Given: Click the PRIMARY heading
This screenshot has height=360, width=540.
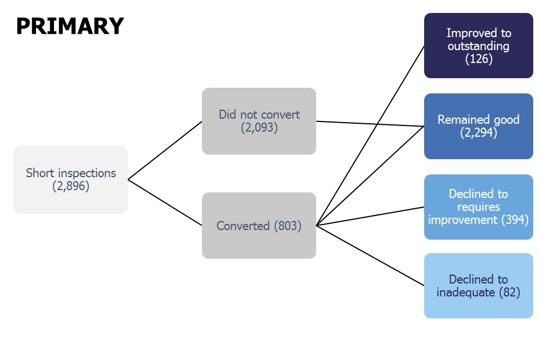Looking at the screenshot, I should (x=70, y=26).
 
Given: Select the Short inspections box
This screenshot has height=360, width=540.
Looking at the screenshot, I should (x=71, y=179).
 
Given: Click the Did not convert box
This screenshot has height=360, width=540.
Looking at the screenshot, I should (x=259, y=121).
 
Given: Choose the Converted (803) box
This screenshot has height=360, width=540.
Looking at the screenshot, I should (x=259, y=226).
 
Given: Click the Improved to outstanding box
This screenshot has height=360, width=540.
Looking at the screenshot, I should (x=478, y=46).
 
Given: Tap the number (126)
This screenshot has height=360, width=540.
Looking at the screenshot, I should (x=479, y=58).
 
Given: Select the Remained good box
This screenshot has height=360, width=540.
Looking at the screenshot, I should (x=478, y=126).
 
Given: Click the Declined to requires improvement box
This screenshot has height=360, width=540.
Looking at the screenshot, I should (x=478, y=206).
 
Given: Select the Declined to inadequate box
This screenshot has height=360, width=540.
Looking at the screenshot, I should (x=478, y=286).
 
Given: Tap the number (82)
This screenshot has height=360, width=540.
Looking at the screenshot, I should (x=508, y=292).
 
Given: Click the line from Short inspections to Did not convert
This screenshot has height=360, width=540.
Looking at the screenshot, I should (x=165, y=150).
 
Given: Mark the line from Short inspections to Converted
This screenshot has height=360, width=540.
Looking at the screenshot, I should (x=165, y=202).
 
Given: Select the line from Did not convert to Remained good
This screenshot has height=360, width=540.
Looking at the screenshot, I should (x=370, y=124).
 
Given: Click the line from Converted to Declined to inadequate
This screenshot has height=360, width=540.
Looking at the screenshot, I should (x=370, y=255).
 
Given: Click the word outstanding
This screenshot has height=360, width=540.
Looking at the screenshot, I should (x=479, y=46).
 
